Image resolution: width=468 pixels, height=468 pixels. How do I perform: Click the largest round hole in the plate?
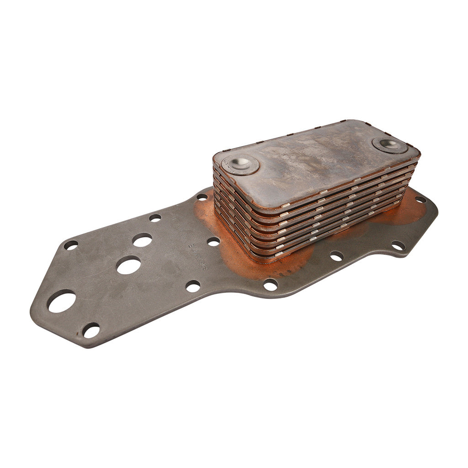pos(61,302)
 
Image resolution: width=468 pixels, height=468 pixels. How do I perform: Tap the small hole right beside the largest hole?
pos(91,330)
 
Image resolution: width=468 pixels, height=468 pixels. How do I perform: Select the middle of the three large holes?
pos(128,265)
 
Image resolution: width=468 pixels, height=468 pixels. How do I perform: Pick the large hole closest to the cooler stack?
pos(142,239)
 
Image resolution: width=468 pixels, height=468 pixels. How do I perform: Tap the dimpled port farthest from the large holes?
pos(390,145)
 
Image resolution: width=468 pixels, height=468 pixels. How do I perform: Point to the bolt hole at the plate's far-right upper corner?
pos(420,199)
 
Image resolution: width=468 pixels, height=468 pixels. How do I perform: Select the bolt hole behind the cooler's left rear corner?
pos(202,197)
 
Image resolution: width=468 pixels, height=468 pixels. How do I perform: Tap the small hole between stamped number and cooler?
pos(213,241)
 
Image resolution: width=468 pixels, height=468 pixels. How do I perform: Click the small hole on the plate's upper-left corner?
pos(71,245)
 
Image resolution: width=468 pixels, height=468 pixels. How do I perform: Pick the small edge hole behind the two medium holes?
pos(155,218)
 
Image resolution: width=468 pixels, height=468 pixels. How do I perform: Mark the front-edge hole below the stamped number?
pos(192,287)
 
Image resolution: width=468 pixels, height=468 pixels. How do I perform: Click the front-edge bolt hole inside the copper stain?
pos(270,285)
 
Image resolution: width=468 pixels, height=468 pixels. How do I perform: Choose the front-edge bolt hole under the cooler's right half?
pos(336,256)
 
